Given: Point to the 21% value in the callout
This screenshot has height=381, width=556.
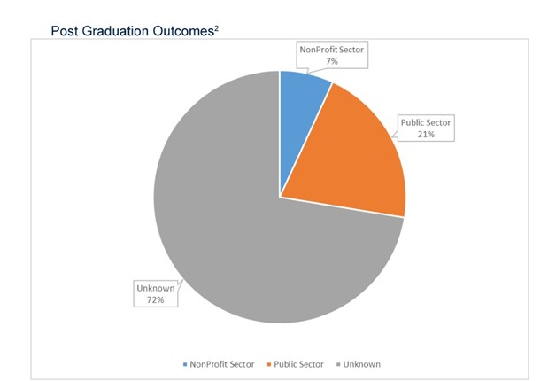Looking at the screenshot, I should click(425, 135).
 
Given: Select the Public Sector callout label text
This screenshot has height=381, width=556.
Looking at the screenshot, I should click(425, 123).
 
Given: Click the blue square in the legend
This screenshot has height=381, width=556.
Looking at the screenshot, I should click(185, 363).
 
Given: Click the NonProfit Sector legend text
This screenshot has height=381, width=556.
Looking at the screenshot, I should click(224, 363).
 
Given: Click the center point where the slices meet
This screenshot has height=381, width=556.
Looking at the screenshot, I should click(280, 197).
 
